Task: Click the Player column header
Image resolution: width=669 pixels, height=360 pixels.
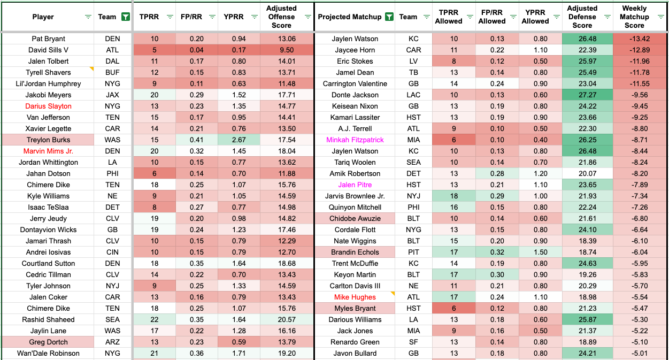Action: coord(43,17)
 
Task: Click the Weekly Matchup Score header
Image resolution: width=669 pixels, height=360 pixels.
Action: coord(634,17)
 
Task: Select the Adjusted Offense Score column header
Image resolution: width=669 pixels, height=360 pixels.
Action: coord(281,17)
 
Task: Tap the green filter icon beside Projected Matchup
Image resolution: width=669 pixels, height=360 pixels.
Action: coord(389,17)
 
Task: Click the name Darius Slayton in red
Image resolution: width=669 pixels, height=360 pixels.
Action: coord(48,106)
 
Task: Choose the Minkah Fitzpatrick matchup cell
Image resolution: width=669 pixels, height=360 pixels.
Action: coord(355,140)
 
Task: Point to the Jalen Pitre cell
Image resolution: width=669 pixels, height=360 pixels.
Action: coord(355,185)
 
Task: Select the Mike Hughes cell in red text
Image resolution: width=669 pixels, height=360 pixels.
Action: coord(355,297)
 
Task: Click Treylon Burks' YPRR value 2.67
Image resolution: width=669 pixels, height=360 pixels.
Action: coord(239,140)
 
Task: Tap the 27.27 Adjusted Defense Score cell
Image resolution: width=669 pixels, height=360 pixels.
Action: coord(582,95)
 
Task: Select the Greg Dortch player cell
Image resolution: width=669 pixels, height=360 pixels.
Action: coord(48,342)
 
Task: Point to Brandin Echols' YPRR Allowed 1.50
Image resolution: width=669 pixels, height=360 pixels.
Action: coord(535,252)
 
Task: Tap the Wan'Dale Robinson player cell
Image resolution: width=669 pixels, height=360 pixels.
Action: coord(48,353)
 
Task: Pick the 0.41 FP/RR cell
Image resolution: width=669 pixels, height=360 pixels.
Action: coord(196,140)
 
